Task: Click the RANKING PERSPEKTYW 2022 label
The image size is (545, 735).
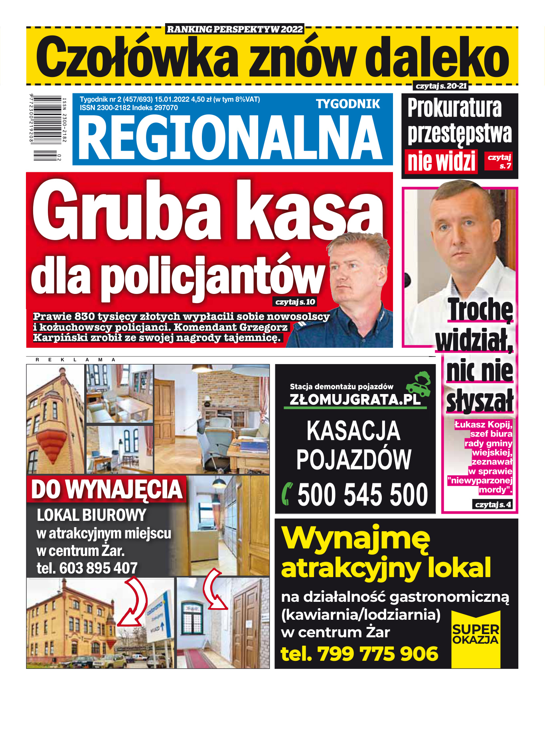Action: tap(235, 29)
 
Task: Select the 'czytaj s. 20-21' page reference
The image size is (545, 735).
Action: tap(440, 86)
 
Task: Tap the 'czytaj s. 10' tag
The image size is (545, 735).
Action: tap(295, 302)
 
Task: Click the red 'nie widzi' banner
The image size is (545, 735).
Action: tap(441, 162)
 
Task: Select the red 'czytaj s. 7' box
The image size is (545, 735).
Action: tap(498, 162)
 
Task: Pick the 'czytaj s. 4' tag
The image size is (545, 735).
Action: tap(493, 504)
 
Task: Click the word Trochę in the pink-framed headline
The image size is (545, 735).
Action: tap(480, 309)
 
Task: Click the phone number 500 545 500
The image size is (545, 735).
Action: tap(362, 495)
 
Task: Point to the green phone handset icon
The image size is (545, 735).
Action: tap(287, 494)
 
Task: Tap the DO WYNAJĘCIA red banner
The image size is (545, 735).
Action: tap(107, 489)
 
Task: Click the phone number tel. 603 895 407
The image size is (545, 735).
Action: tap(87, 568)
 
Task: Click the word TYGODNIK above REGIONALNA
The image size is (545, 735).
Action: tap(348, 104)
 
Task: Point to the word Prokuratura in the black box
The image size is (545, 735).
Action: tap(454, 108)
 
